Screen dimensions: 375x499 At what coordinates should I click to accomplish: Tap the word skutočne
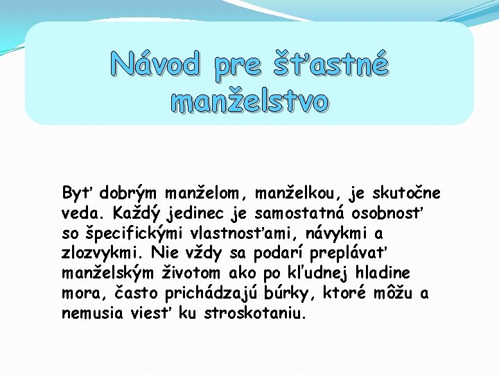pyautogui.click(x=407, y=192)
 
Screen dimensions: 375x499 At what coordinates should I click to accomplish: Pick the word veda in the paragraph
pyautogui.click(x=80, y=212)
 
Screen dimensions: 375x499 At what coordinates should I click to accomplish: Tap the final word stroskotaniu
pyautogui.click(x=255, y=313)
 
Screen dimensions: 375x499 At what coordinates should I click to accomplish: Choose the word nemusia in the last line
pyautogui.click(x=92, y=313)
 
